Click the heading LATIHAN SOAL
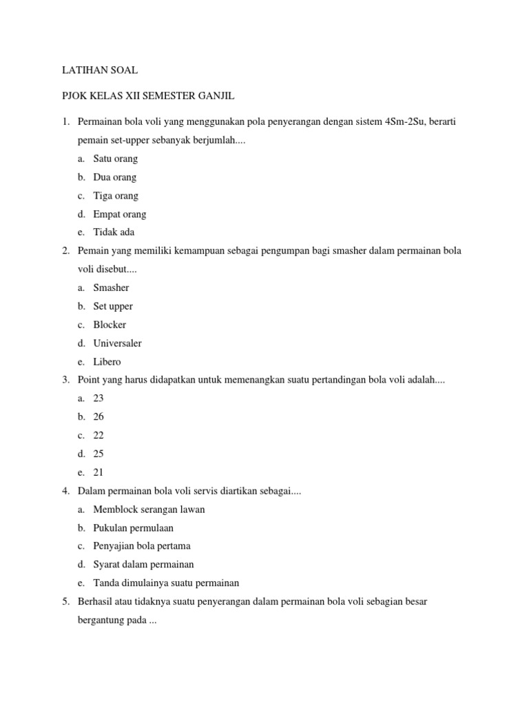[100, 70]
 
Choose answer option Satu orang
[116, 159]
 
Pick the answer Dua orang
[115, 177]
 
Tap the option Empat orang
[120, 214]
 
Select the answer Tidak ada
[114, 232]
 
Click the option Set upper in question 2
[113, 306]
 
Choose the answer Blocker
[110, 325]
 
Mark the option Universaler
[117, 343]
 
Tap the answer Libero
[107, 361]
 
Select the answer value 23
[98, 399]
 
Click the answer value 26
[98, 417]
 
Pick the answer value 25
[98, 454]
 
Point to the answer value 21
[98, 472]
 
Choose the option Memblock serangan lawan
[149, 510]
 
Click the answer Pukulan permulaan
[134, 527]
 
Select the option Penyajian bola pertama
[142, 546]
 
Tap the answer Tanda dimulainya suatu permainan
[166, 583]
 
